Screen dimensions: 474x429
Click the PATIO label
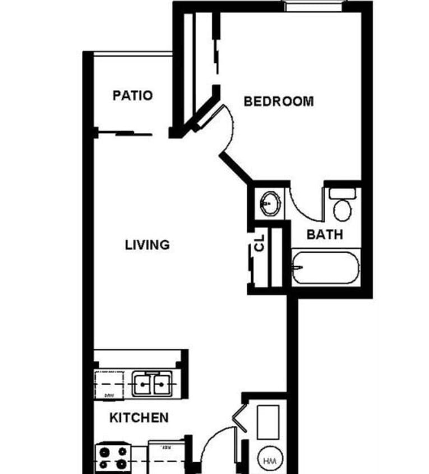tap(132, 95)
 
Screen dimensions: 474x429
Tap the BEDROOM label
tap(279, 102)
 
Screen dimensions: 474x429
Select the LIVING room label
tap(147, 245)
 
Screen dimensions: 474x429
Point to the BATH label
tap(325, 235)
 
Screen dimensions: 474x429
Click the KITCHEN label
tap(139, 418)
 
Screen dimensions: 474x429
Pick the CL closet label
tap(259, 244)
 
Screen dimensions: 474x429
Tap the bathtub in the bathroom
tap(326, 269)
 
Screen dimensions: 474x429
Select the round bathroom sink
tap(271, 201)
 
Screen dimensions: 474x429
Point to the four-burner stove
tap(113, 457)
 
